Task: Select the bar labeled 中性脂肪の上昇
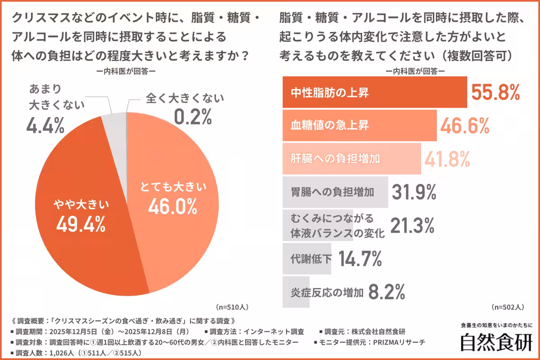pyautogui.click(x=374, y=93)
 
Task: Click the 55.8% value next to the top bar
pyautogui.click(x=495, y=93)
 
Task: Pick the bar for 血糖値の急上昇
pyautogui.click(x=359, y=126)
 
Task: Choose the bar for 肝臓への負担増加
pyautogui.click(x=351, y=159)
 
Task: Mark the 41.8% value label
pyautogui.click(x=446, y=159)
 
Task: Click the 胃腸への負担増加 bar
pyautogui.click(x=335, y=192)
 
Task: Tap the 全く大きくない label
pyautogui.click(x=184, y=98)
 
